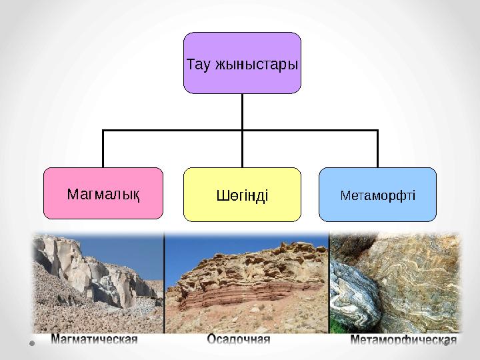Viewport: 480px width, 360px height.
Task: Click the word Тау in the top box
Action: (x=198, y=65)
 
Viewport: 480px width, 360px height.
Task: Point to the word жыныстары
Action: (x=256, y=65)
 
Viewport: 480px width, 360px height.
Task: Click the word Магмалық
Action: (x=103, y=194)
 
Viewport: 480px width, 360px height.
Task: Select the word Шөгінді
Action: (x=242, y=195)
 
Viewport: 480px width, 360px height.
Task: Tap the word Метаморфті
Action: (x=377, y=195)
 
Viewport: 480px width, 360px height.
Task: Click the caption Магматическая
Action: (x=95, y=341)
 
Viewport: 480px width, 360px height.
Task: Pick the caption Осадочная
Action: (x=239, y=341)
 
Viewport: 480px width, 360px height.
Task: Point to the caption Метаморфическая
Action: (x=404, y=341)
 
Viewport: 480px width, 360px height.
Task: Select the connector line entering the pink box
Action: (x=103, y=150)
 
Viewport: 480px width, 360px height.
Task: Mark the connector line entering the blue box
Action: (x=377, y=150)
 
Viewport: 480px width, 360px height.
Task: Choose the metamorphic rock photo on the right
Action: (x=395, y=280)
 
